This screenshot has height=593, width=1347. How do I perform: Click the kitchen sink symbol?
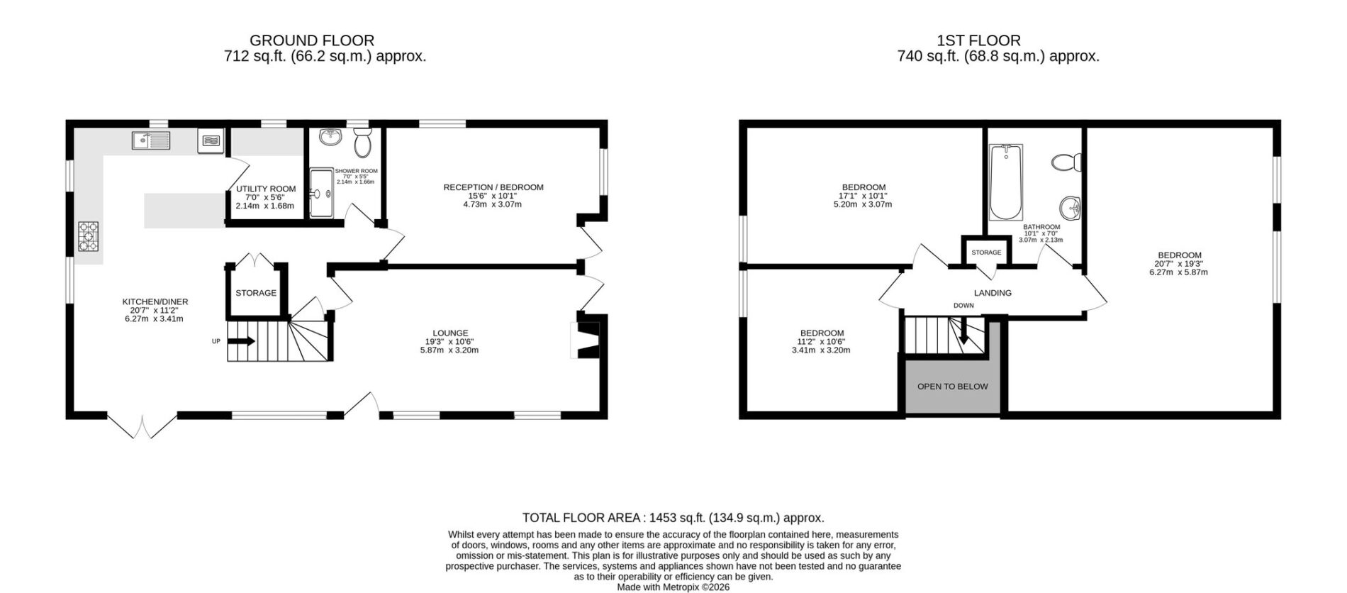[x=150, y=140]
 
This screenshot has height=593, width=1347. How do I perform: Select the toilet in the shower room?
[x=362, y=143]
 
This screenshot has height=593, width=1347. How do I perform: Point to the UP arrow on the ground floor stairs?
[x=241, y=341]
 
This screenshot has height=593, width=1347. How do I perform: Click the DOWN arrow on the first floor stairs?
[x=963, y=331]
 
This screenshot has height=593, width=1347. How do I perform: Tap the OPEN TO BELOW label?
[x=952, y=387]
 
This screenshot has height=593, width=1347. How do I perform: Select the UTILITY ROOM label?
[x=266, y=189]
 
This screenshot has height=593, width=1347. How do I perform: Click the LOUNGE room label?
[x=450, y=333]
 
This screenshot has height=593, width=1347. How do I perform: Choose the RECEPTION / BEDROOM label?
[x=493, y=187]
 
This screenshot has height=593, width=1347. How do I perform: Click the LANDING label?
[x=993, y=292]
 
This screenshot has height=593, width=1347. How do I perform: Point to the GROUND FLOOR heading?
[x=312, y=40]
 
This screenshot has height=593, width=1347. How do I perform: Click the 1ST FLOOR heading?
[x=978, y=40]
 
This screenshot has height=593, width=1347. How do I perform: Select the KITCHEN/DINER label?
[x=155, y=301]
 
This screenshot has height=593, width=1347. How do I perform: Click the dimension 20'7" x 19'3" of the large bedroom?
[x=1179, y=264]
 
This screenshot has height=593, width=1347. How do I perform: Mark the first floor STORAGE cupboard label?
[x=986, y=253]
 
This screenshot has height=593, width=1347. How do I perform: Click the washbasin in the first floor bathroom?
[x=1071, y=209]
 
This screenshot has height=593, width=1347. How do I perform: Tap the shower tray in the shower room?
[x=323, y=192]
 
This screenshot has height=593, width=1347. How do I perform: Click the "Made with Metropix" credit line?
[x=673, y=587]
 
